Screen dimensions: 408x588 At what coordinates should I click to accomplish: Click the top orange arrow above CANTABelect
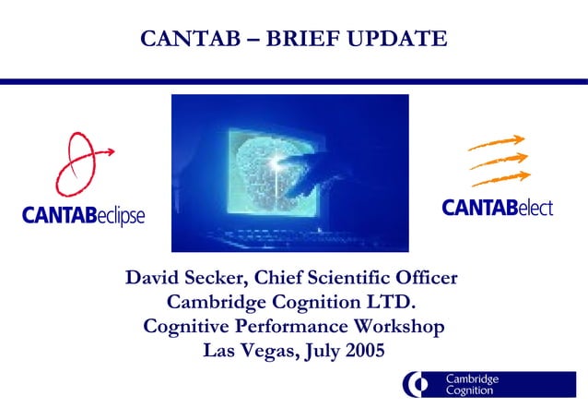[498, 143]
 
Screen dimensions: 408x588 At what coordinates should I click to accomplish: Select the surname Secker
[218, 278]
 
